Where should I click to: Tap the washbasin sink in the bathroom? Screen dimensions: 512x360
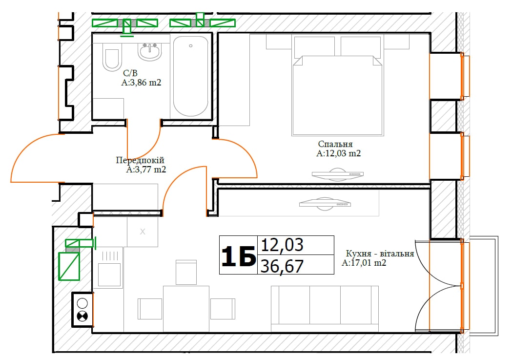pyautogui.click(x=149, y=52)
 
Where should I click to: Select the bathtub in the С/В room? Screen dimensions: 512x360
pyautogui.click(x=191, y=76)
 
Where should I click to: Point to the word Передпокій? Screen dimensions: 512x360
pyautogui.click(x=140, y=160)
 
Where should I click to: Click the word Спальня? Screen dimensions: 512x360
pyautogui.click(x=335, y=144)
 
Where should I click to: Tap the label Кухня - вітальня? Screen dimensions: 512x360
pyautogui.click(x=380, y=254)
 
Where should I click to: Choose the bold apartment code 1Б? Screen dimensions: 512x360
pyautogui.click(x=239, y=256)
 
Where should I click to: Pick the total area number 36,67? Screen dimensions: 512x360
pyautogui.click(x=282, y=266)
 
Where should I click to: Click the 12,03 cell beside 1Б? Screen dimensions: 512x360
pyautogui.click(x=282, y=245)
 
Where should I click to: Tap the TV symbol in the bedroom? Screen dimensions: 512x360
pyautogui.click(x=337, y=174)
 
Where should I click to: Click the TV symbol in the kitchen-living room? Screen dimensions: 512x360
pyautogui.click(x=325, y=204)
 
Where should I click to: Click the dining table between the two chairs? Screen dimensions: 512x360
pyautogui.click(x=186, y=309)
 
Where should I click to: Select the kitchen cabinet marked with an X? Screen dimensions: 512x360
pyautogui.click(x=143, y=232)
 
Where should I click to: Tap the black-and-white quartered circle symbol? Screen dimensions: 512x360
pyautogui.click(x=82, y=316)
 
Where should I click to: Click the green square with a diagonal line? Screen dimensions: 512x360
pyautogui.click(x=69, y=266)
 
